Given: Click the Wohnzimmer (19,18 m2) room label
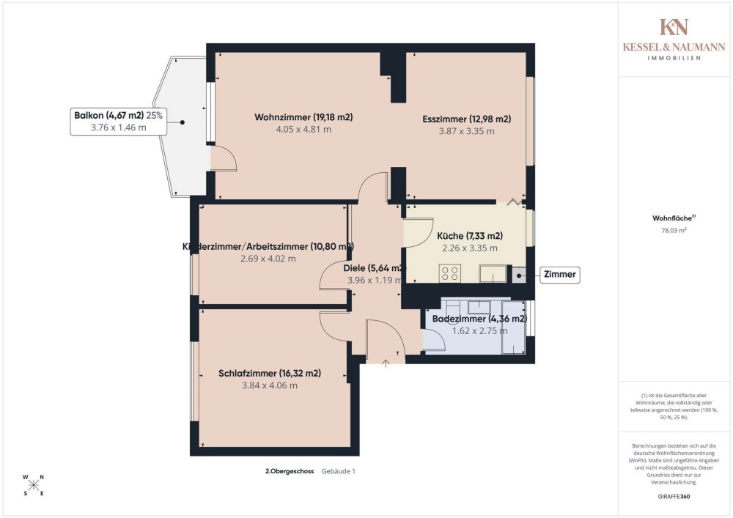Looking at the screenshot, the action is coord(303,116).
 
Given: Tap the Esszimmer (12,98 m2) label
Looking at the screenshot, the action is coord(466,119).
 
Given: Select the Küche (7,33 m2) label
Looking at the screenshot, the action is coord(470,236).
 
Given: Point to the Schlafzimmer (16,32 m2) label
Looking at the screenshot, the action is coord(270,373).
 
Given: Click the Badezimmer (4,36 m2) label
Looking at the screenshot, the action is coord(479,319).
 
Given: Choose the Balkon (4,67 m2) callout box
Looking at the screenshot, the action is coord(118,121).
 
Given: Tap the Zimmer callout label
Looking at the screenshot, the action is coord(559,274).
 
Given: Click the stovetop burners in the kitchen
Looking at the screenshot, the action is coord(450,273).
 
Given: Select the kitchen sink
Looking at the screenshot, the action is coord(493,273).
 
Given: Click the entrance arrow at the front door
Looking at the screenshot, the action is coord(386,363).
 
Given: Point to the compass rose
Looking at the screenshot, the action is coord(33,485).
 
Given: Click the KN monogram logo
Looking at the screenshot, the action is coord(674,26).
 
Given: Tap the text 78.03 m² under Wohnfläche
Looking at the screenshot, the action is coord(674,230).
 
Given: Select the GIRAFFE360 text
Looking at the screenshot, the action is coord(674,497).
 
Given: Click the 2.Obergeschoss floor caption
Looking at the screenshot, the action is coord(290,471).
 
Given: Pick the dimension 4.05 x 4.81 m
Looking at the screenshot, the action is coord(303,130).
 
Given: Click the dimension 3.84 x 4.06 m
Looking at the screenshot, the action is coord(270,385).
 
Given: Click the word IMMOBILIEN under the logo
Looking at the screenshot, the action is coord(674,58).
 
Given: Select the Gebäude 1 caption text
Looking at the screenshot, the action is coord(339,471).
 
